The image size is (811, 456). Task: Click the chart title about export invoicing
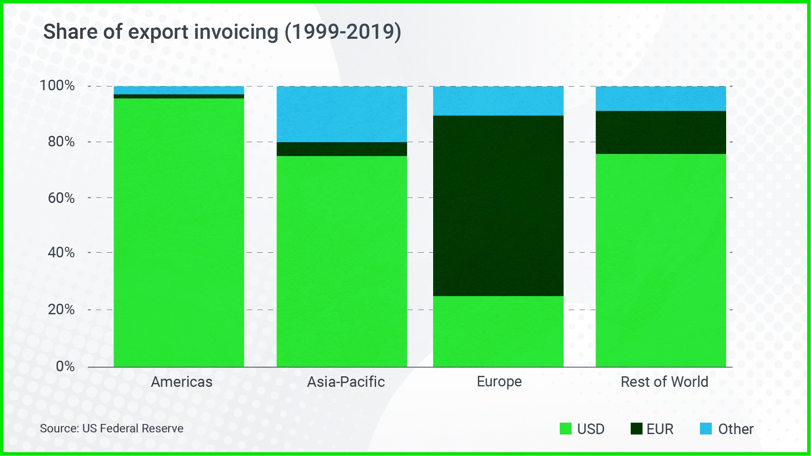point(222,32)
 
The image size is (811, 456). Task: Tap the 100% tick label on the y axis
point(57,86)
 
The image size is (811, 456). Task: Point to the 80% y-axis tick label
point(61,142)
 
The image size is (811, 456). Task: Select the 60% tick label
point(61,198)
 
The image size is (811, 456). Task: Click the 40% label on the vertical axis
point(61,253)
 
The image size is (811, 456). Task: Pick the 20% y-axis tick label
point(61,310)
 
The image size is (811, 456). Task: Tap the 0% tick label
point(65,366)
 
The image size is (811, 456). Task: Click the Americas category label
point(182,382)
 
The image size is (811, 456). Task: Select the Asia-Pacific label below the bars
point(346,382)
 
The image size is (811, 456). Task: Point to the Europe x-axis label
point(499,382)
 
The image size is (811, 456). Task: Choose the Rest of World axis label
point(664,382)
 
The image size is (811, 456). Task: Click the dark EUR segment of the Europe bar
point(498,206)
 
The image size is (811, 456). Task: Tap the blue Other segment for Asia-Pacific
point(342,114)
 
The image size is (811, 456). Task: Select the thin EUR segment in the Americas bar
point(179,96)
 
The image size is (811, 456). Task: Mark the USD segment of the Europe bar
point(498,331)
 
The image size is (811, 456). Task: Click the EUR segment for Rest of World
point(661,132)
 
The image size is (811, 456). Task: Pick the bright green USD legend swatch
point(565,429)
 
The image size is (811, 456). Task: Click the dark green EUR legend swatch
point(636,429)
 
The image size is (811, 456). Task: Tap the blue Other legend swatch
point(705,429)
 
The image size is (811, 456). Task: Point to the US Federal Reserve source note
point(111,429)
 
